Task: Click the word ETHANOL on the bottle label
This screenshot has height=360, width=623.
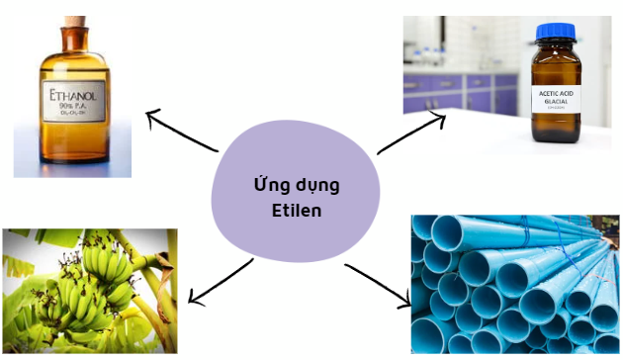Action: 73,97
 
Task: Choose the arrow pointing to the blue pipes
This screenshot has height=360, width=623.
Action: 381,285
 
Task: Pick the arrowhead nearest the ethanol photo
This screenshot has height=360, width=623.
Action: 151,117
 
